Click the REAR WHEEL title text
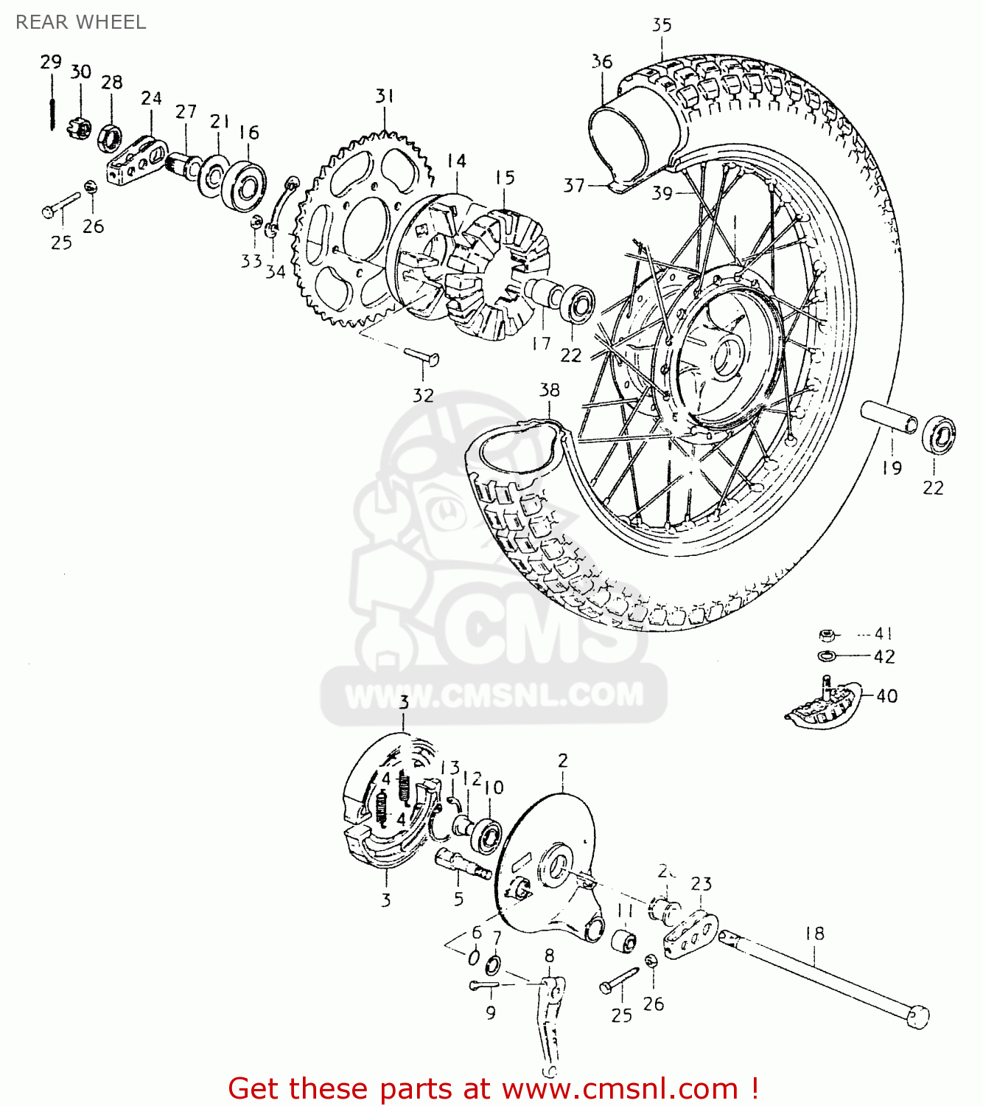coord(81,22)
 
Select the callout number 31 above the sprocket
coord(385,97)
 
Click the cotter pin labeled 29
coord(52,102)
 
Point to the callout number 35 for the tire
coord(662,26)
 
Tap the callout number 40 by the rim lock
coord(886,696)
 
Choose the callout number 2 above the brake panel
coord(563,761)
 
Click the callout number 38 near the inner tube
coord(549,390)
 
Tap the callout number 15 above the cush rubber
coord(505,178)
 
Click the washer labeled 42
coord(827,656)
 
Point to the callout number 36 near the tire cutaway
coord(602,62)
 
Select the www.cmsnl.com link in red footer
coord(621,1088)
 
